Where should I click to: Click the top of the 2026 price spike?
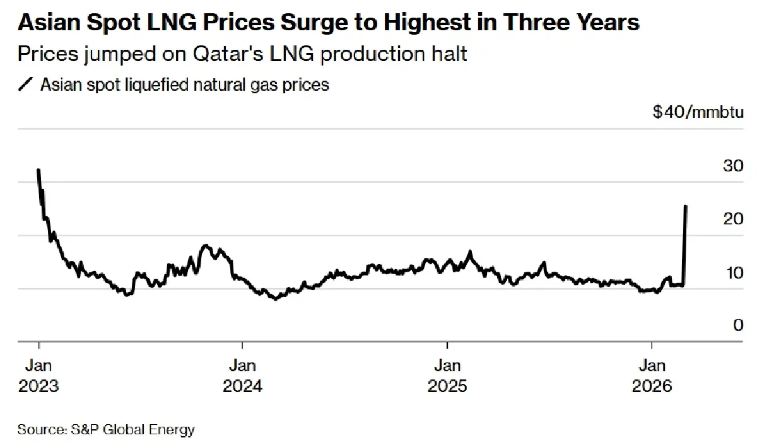click(686, 206)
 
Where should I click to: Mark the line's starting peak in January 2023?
click(39, 170)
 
